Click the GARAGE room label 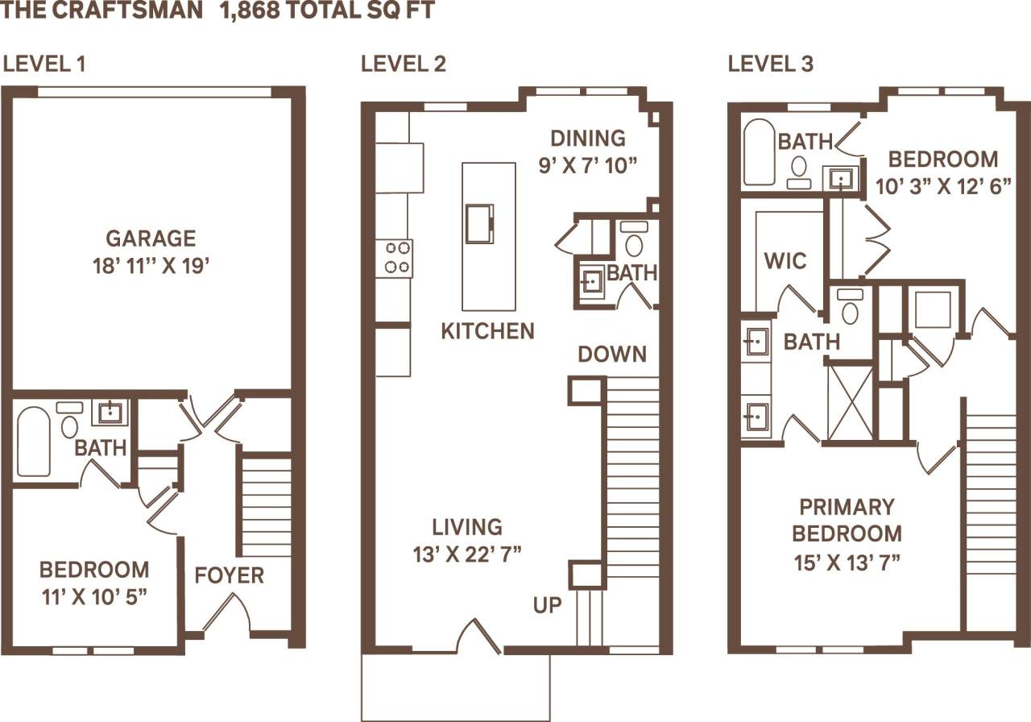[151, 239]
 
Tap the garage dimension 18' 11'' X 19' [151, 266]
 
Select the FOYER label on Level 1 [230, 575]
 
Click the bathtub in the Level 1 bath [34, 441]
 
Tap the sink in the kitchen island [479, 223]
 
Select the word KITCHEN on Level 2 [487, 331]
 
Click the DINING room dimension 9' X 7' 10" [588, 165]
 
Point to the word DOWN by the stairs [611, 355]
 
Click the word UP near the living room [547, 605]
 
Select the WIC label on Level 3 [785, 261]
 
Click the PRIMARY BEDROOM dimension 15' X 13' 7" [847, 560]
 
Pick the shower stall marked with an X [850, 400]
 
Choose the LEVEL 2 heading [403, 64]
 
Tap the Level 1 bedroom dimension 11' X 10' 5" [94, 596]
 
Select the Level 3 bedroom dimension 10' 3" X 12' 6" [943, 186]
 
